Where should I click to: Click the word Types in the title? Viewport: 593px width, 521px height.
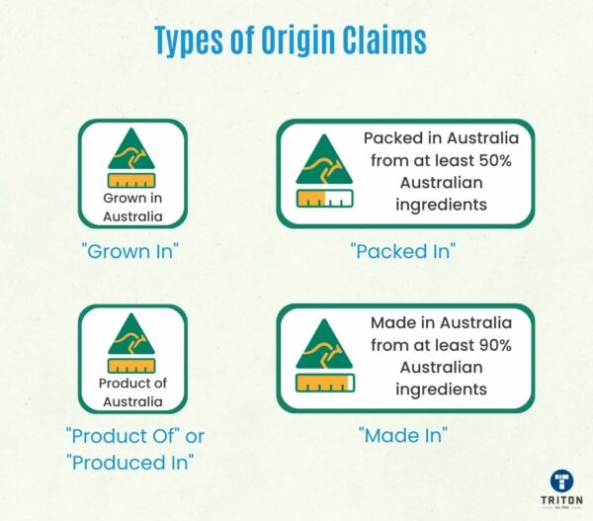pyautogui.click(x=192, y=41)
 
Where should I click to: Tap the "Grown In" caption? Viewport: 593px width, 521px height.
pyautogui.click(x=133, y=250)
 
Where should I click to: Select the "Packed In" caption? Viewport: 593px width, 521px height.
pyautogui.click(x=402, y=250)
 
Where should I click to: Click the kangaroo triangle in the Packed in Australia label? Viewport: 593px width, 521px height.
pyautogui.click(x=323, y=161)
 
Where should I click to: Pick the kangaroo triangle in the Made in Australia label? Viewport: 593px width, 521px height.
pyautogui.click(x=323, y=346)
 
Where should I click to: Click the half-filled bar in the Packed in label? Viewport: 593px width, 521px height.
pyautogui.click(x=323, y=199)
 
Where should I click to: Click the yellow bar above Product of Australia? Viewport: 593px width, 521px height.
pyautogui.click(x=131, y=366)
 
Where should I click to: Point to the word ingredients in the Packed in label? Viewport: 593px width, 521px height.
pyautogui.click(x=441, y=206)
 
